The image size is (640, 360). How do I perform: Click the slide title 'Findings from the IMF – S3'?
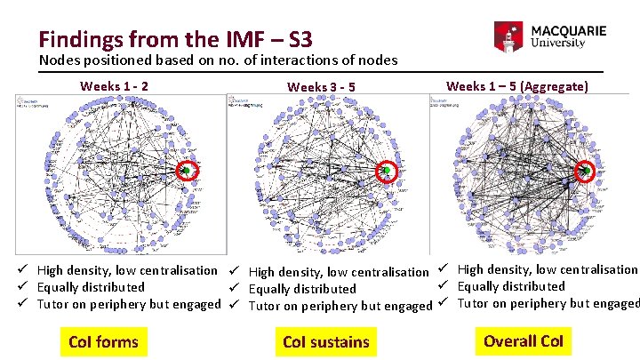tap(174, 39)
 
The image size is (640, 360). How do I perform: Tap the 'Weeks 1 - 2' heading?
tap(115, 86)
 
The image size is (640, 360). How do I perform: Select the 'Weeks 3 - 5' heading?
tap(322, 87)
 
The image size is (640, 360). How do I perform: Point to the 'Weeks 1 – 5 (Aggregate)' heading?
tap(516, 85)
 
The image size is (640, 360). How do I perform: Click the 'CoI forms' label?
tap(103, 341)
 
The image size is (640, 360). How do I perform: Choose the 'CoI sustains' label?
tap(325, 342)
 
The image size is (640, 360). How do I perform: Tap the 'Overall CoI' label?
tap(524, 340)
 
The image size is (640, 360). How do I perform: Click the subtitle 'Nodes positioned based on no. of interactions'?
tap(218, 60)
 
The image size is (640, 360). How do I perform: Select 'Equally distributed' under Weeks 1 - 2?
tap(91, 287)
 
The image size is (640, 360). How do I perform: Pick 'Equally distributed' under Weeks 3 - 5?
tap(302, 289)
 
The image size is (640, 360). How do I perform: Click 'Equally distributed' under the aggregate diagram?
tap(511, 286)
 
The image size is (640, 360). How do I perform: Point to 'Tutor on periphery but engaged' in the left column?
tap(129, 304)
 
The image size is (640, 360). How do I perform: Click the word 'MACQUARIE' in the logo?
tap(568, 30)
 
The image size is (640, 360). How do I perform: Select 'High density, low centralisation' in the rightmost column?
tap(548, 268)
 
